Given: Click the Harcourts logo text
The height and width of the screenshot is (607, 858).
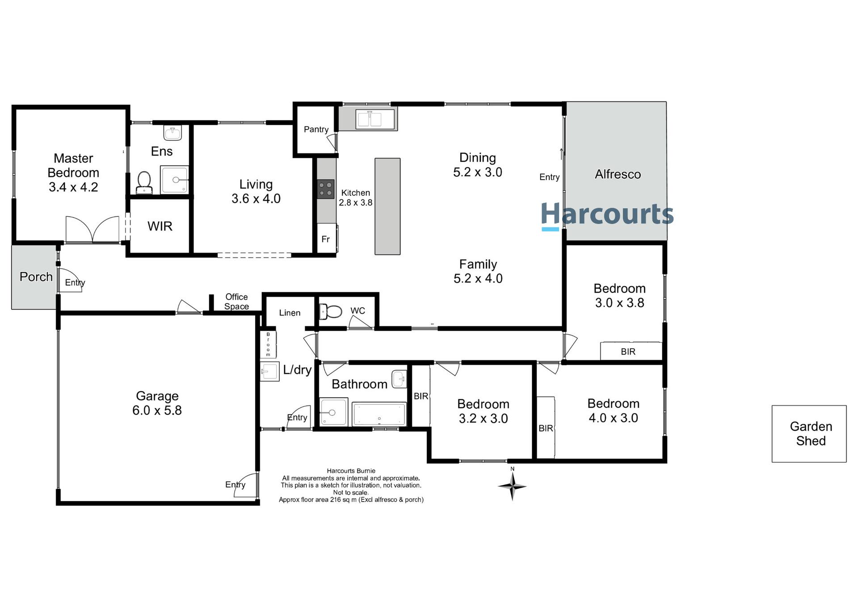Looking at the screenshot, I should click(x=607, y=214).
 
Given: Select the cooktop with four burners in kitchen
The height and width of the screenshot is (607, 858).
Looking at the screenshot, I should click(x=326, y=189).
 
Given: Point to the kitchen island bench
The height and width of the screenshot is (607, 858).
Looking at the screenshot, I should click(x=387, y=207).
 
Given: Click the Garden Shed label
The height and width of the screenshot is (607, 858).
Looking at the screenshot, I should click(x=811, y=434).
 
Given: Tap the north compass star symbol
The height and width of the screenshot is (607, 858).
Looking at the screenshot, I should click(x=512, y=486).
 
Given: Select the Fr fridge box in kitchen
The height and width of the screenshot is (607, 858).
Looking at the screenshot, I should click(x=326, y=240).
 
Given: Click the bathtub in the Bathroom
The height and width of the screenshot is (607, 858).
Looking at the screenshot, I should click(x=379, y=414).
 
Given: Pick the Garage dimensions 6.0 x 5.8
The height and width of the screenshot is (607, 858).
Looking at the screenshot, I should click(x=157, y=410).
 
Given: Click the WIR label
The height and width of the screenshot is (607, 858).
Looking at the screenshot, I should click(x=160, y=226).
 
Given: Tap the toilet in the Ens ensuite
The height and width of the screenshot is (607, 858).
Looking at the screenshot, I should click(x=144, y=183).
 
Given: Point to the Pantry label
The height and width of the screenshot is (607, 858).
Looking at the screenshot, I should click(x=316, y=130).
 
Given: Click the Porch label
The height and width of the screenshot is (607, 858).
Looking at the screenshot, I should click(x=36, y=277).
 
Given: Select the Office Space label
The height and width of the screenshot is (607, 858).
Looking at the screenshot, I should click(x=236, y=302).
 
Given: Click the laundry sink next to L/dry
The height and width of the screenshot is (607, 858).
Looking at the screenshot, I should click(x=269, y=371).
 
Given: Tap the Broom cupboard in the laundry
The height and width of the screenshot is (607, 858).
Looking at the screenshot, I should click(x=268, y=344).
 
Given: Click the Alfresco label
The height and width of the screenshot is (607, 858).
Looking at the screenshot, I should click(x=618, y=174).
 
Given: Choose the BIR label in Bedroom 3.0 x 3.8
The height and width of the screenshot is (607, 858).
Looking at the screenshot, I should click(x=628, y=352).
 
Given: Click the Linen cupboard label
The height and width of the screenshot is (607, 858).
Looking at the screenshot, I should click(x=290, y=313).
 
